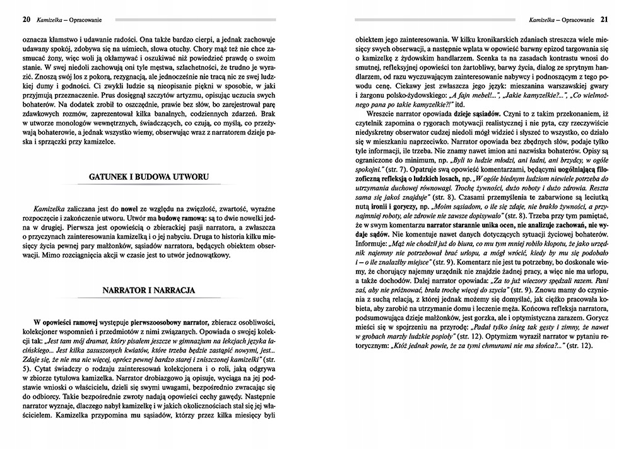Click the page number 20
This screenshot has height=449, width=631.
tap(26, 18)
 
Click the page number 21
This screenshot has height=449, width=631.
tap(604, 18)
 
